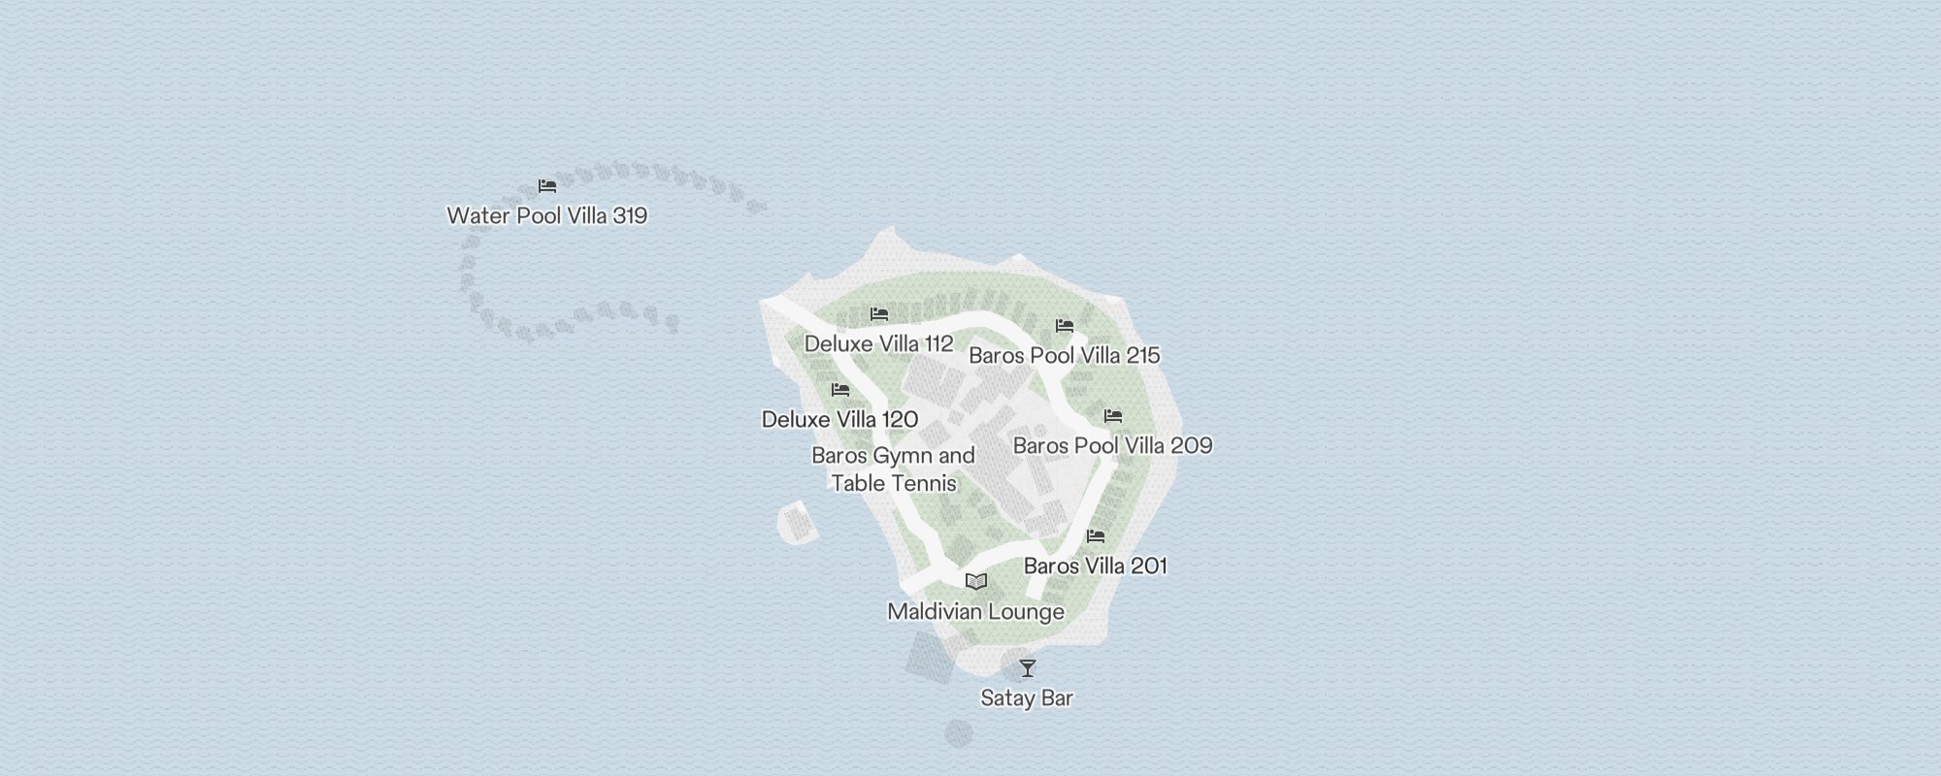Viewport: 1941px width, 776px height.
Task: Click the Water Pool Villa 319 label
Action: click(546, 215)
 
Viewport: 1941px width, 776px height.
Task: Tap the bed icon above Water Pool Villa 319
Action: click(547, 186)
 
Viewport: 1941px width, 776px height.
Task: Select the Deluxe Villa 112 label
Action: click(878, 343)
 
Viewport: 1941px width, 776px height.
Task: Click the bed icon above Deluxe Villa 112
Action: click(879, 314)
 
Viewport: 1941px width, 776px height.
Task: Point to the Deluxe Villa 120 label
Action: click(839, 419)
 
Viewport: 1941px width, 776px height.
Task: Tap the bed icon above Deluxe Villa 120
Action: click(840, 390)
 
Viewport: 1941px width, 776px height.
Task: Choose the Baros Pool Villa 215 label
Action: click(1064, 355)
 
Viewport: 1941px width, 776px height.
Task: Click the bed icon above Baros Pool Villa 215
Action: click(1065, 326)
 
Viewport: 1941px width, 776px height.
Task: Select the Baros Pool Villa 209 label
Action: click(1112, 445)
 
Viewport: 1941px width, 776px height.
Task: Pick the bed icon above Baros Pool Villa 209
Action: click(1113, 416)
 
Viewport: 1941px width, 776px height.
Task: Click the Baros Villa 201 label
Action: click(1095, 566)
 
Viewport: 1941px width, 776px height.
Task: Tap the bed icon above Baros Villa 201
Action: click(1096, 536)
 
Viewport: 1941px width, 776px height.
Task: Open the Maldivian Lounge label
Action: click(975, 611)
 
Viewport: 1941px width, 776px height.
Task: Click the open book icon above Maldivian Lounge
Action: click(976, 582)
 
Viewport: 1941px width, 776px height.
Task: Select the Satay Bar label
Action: click(1027, 697)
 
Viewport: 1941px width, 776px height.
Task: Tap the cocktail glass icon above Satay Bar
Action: click(1028, 668)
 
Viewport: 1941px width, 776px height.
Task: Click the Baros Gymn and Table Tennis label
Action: click(893, 469)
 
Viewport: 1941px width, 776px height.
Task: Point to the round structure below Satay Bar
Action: click(958, 733)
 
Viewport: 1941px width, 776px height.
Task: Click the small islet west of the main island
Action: click(797, 523)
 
